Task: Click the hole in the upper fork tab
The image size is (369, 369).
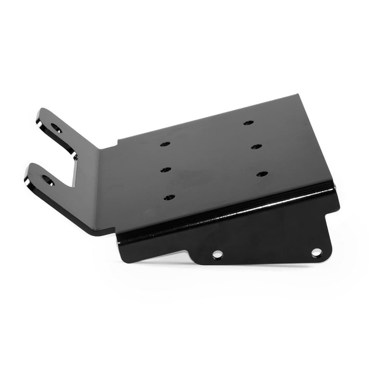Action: coord(56,128)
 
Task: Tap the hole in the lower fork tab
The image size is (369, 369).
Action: coord(48,180)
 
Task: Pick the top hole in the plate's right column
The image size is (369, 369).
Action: coord(248,123)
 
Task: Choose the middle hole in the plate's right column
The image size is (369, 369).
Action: coord(256,146)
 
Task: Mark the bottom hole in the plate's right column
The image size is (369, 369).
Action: coord(262,173)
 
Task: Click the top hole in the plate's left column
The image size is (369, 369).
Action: coord(165,144)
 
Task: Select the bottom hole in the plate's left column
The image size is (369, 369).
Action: coord(169,197)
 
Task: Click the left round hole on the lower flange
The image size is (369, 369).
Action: coord(218,254)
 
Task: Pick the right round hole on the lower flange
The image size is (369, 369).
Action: coord(316,252)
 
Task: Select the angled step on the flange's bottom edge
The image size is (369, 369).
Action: coord(192,257)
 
